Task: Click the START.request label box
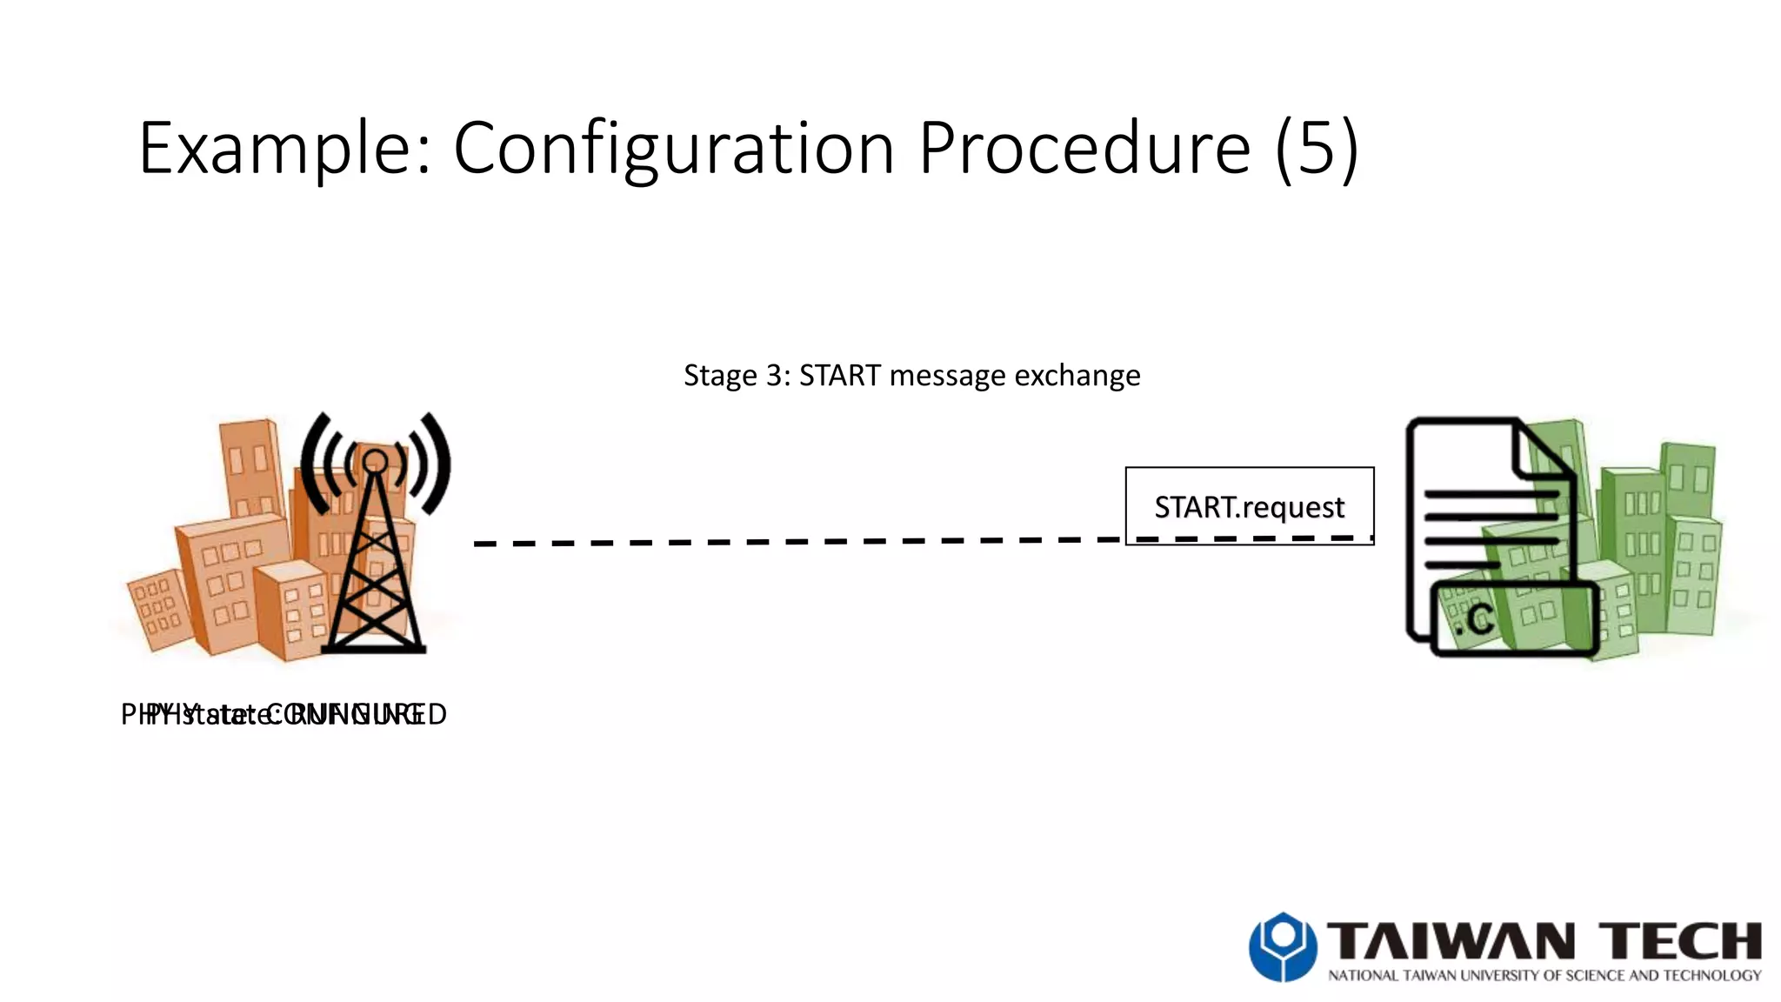pos(1249,505)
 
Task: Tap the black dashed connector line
pos(783,542)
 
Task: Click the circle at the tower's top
pos(375,461)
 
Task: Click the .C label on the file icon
pos(1472,619)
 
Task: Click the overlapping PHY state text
pos(283,714)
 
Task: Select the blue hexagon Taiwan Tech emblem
pos(1282,946)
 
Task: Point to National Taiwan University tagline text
pos(1544,976)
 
